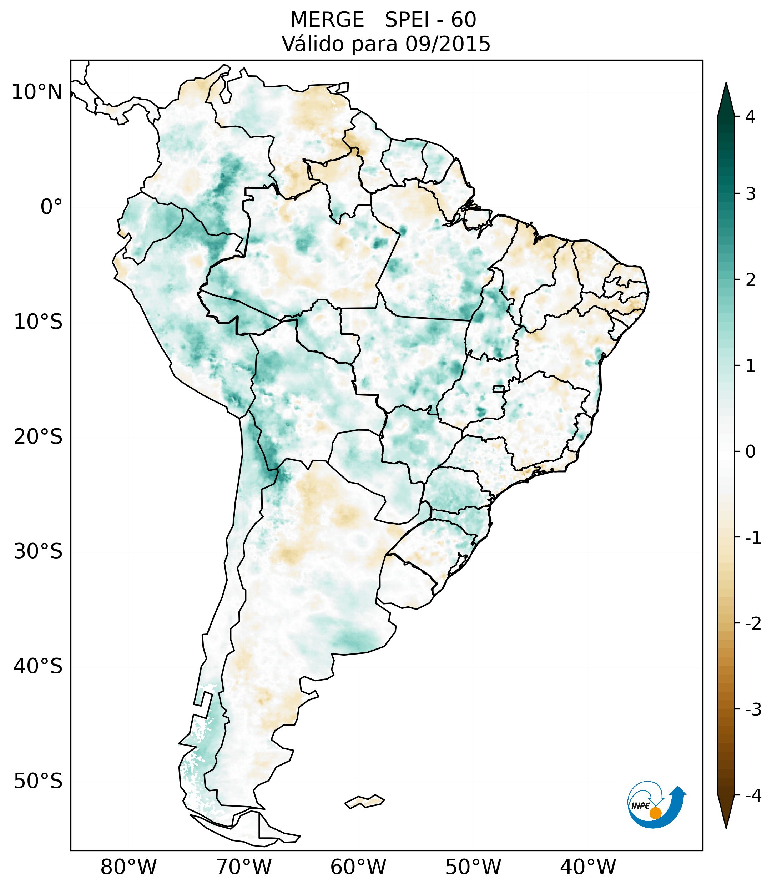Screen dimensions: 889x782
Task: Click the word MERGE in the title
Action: click(327, 20)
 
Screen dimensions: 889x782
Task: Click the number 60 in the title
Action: click(463, 20)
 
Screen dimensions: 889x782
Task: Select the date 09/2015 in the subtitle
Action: click(448, 44)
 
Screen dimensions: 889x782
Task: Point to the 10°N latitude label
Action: click(37, 92)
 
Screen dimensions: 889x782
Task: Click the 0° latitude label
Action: click(51, 207)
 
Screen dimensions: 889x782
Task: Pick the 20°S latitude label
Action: click(38, 437)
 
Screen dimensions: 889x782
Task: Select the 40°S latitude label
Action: click(38, 666)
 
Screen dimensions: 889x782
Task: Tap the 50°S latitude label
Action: click(38, 781)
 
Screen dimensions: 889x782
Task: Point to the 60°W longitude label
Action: click(358, 867)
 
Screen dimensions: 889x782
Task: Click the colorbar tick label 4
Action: click(750, 117)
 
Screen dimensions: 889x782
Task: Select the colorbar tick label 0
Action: click(750, 451)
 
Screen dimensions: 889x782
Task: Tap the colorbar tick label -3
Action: click(753, 709)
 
